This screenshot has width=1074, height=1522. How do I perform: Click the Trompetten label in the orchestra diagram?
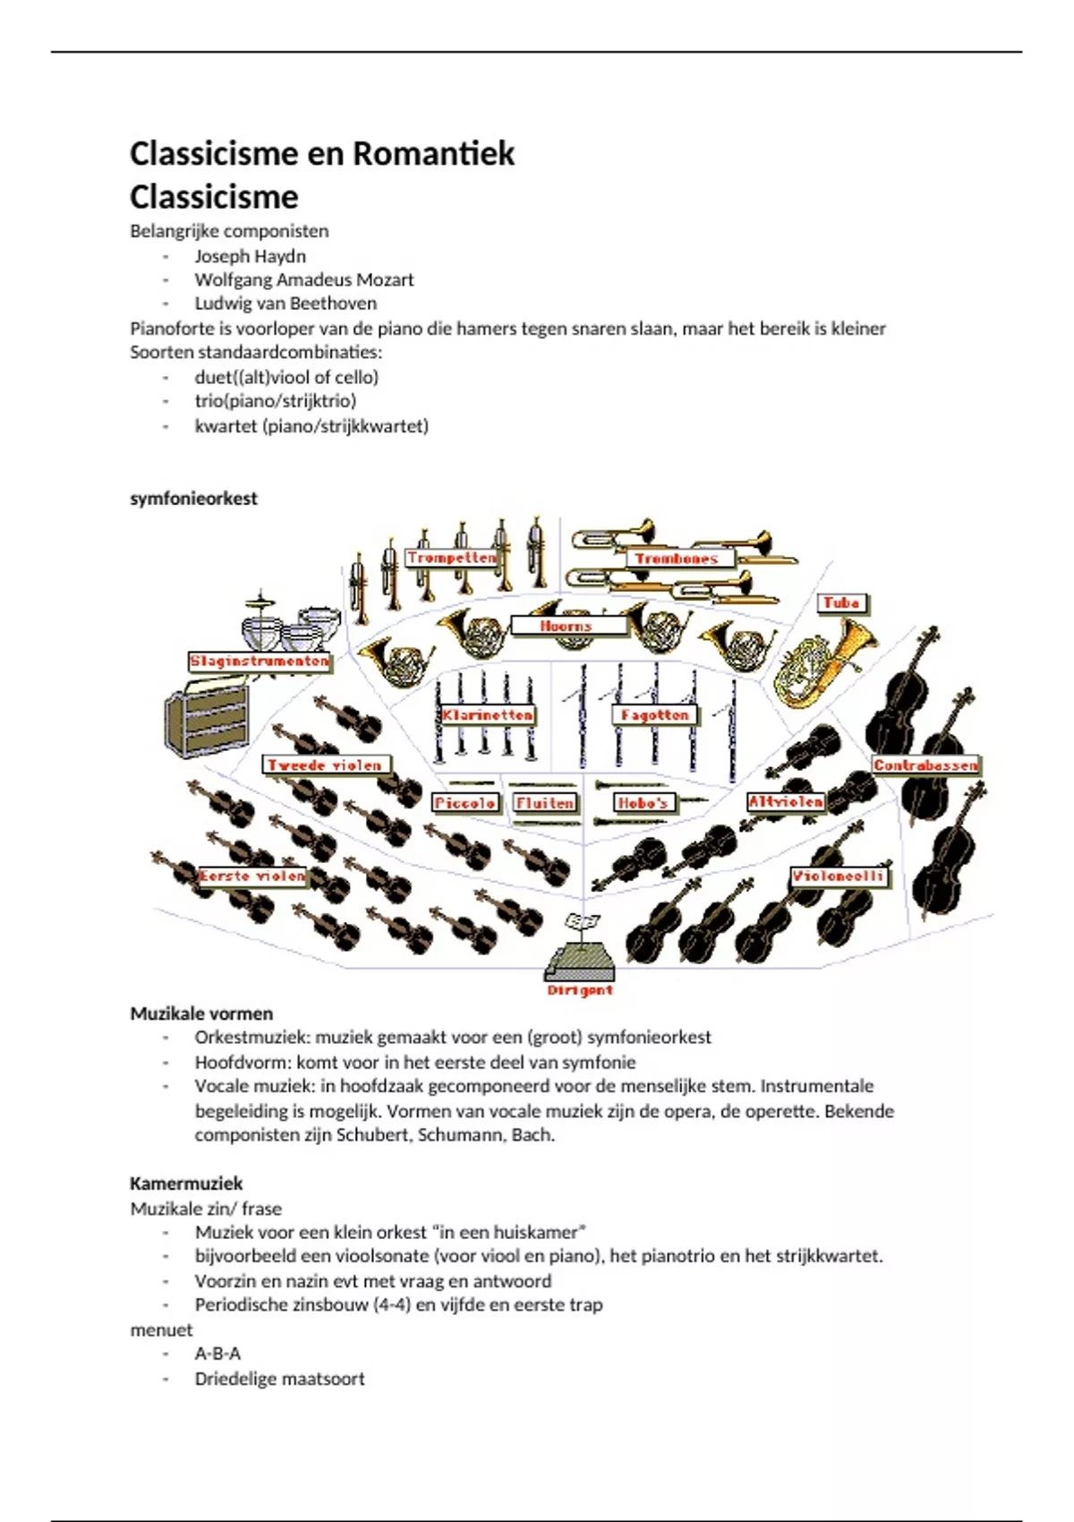(451, 558)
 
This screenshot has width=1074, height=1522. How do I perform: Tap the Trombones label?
(677, 559)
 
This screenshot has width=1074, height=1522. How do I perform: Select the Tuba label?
(841, 603)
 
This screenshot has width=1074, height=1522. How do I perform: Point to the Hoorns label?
(567, 626)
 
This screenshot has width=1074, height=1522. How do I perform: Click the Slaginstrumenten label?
(260, 662)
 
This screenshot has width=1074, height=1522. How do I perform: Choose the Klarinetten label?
(488, 715)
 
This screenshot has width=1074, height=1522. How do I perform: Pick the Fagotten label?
(655, 715)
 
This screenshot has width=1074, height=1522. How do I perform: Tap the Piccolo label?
(465, 803)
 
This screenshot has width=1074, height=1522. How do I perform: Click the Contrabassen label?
(926, 765)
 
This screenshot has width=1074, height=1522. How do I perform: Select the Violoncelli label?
(839, 876)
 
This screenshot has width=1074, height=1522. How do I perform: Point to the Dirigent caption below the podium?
(580, 990)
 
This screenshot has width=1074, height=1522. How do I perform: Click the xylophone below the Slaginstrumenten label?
(208, 717)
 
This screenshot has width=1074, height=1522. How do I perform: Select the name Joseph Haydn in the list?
(251, 256)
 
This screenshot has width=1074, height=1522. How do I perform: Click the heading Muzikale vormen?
(201, 1013)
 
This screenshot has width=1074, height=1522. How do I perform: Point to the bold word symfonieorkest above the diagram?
(193, 499)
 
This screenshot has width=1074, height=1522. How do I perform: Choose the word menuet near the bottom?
(161, 1330)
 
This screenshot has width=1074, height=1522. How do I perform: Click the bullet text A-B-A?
(217, 1354)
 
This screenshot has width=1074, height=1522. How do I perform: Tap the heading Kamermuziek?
(186, 1184)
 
